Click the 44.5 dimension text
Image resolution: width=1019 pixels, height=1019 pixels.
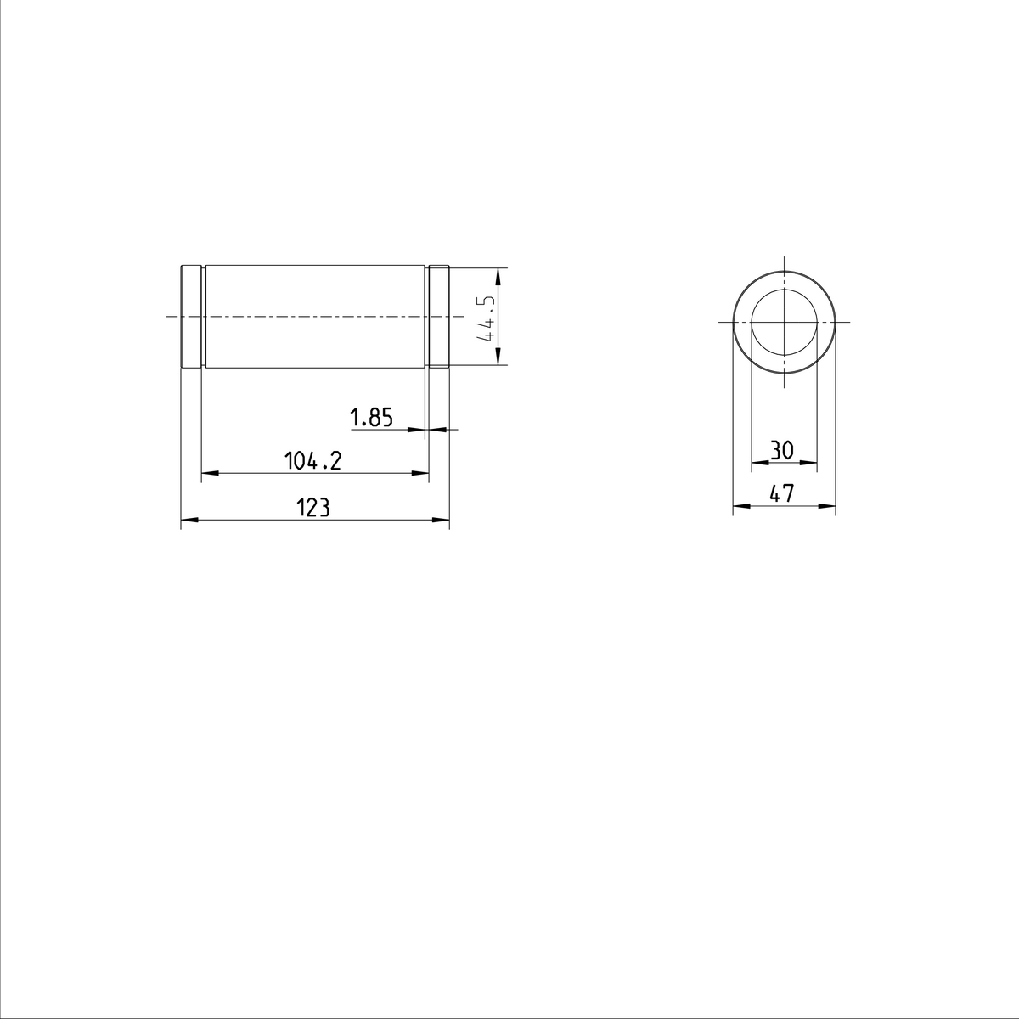point(487,318)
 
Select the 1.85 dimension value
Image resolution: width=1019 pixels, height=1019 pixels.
point(371,418)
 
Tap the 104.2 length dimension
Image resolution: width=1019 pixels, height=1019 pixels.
point(312,461)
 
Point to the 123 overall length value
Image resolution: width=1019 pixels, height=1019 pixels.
point(312,508)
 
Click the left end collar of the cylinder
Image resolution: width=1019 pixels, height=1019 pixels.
point(191,317)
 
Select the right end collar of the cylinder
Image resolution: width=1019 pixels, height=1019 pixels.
point(438,317)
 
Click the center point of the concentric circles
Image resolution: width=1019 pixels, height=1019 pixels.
point(784,322)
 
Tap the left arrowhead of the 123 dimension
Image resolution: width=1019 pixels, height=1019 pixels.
point(189,520)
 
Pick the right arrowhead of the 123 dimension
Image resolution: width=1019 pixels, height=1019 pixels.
point(441,520)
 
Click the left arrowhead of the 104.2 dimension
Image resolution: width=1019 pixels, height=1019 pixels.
point(210,473)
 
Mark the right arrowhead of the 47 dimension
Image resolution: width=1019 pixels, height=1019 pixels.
point(828,506)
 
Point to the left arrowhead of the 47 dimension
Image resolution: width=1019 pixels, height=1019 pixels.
point(740,506)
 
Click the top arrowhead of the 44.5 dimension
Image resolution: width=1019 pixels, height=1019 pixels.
point(498,276)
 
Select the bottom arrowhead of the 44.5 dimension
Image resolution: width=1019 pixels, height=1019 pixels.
point(498,358)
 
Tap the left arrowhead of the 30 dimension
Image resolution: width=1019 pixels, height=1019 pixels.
point(759,463)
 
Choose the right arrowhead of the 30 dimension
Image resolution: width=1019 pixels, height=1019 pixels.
point(809,463)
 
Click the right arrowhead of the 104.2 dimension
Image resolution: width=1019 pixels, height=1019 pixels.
point(420,473)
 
